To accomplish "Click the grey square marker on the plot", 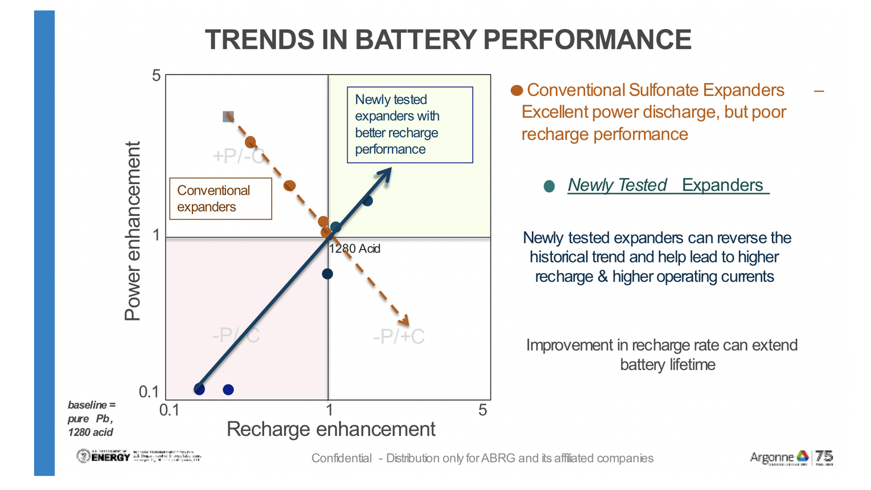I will pyautogui.click(x=228, y=117).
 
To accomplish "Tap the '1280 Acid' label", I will pyautogui.click(x=355, y=249).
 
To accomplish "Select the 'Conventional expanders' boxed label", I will pyautogui.click(x=220, y=199).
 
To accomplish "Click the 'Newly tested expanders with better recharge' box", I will pyautogui.click(x=410, y=125).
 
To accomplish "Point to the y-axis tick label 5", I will pyautogui.click(x=157, y=75).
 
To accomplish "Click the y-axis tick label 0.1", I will pyautogui.click(x=149, y=392).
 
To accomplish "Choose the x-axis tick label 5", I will pyautogui.click(x=483, y=410).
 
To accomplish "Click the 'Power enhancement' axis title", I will pyautogui.click(x=132, y=231).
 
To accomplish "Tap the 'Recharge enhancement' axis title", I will pyautogui.click(x=331, y=429).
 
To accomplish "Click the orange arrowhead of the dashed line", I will pyautogui.click(x=404, y=321).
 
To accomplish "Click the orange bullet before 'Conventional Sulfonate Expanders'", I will pyautogui.click(x=517, y=90).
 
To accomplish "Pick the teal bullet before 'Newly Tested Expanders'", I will pyautogui.click(x=549, y=186).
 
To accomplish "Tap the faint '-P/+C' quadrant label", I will pyautogui.click(x=399, y=337).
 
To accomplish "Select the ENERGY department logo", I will pyautogui.click(x=103, y=456).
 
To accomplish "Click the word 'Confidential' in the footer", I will pyautogui.click(x=341, y=458).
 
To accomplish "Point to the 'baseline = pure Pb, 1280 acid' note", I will pyautogui.click(x=91, y=418).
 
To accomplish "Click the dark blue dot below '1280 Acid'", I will pyautogui.click(x=327, y=274).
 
